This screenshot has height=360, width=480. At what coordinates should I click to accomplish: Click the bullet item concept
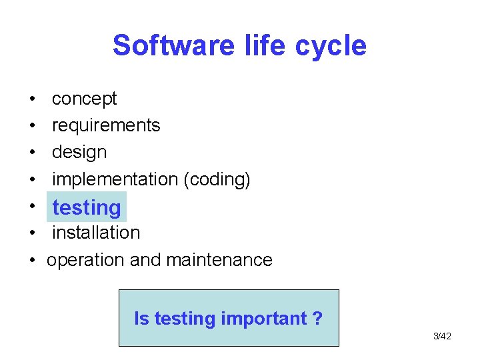[84, 99]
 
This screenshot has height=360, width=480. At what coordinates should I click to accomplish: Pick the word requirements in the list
[106, 125]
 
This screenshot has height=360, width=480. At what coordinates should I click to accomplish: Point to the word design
[79, 152]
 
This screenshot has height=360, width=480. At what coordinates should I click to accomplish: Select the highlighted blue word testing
[87, 208]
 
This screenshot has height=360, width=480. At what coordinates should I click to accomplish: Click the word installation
[96, 233]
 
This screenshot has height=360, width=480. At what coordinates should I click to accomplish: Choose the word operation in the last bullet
[86, 260]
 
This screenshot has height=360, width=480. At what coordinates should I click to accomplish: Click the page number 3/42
[442, 336]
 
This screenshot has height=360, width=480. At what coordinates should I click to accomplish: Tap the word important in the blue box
[263, 319]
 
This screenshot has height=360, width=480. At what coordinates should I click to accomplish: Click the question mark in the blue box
[318, 319]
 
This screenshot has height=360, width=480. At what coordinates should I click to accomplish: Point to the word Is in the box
[141, 319]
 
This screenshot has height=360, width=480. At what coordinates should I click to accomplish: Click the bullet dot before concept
[32, 99]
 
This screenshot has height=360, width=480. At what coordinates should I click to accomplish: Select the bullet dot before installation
[32, 233]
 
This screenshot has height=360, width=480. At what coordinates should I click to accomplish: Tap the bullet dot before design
[32, 153]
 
